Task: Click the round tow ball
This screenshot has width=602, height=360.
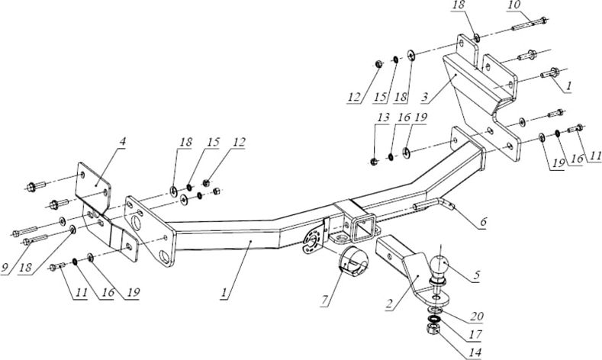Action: (x=442, y=265)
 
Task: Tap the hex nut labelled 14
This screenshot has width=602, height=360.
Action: (x=430, y=329)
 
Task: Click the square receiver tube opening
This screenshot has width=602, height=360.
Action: (x=362, y=227)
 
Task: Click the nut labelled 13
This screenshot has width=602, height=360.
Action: (x=375, y=159)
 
